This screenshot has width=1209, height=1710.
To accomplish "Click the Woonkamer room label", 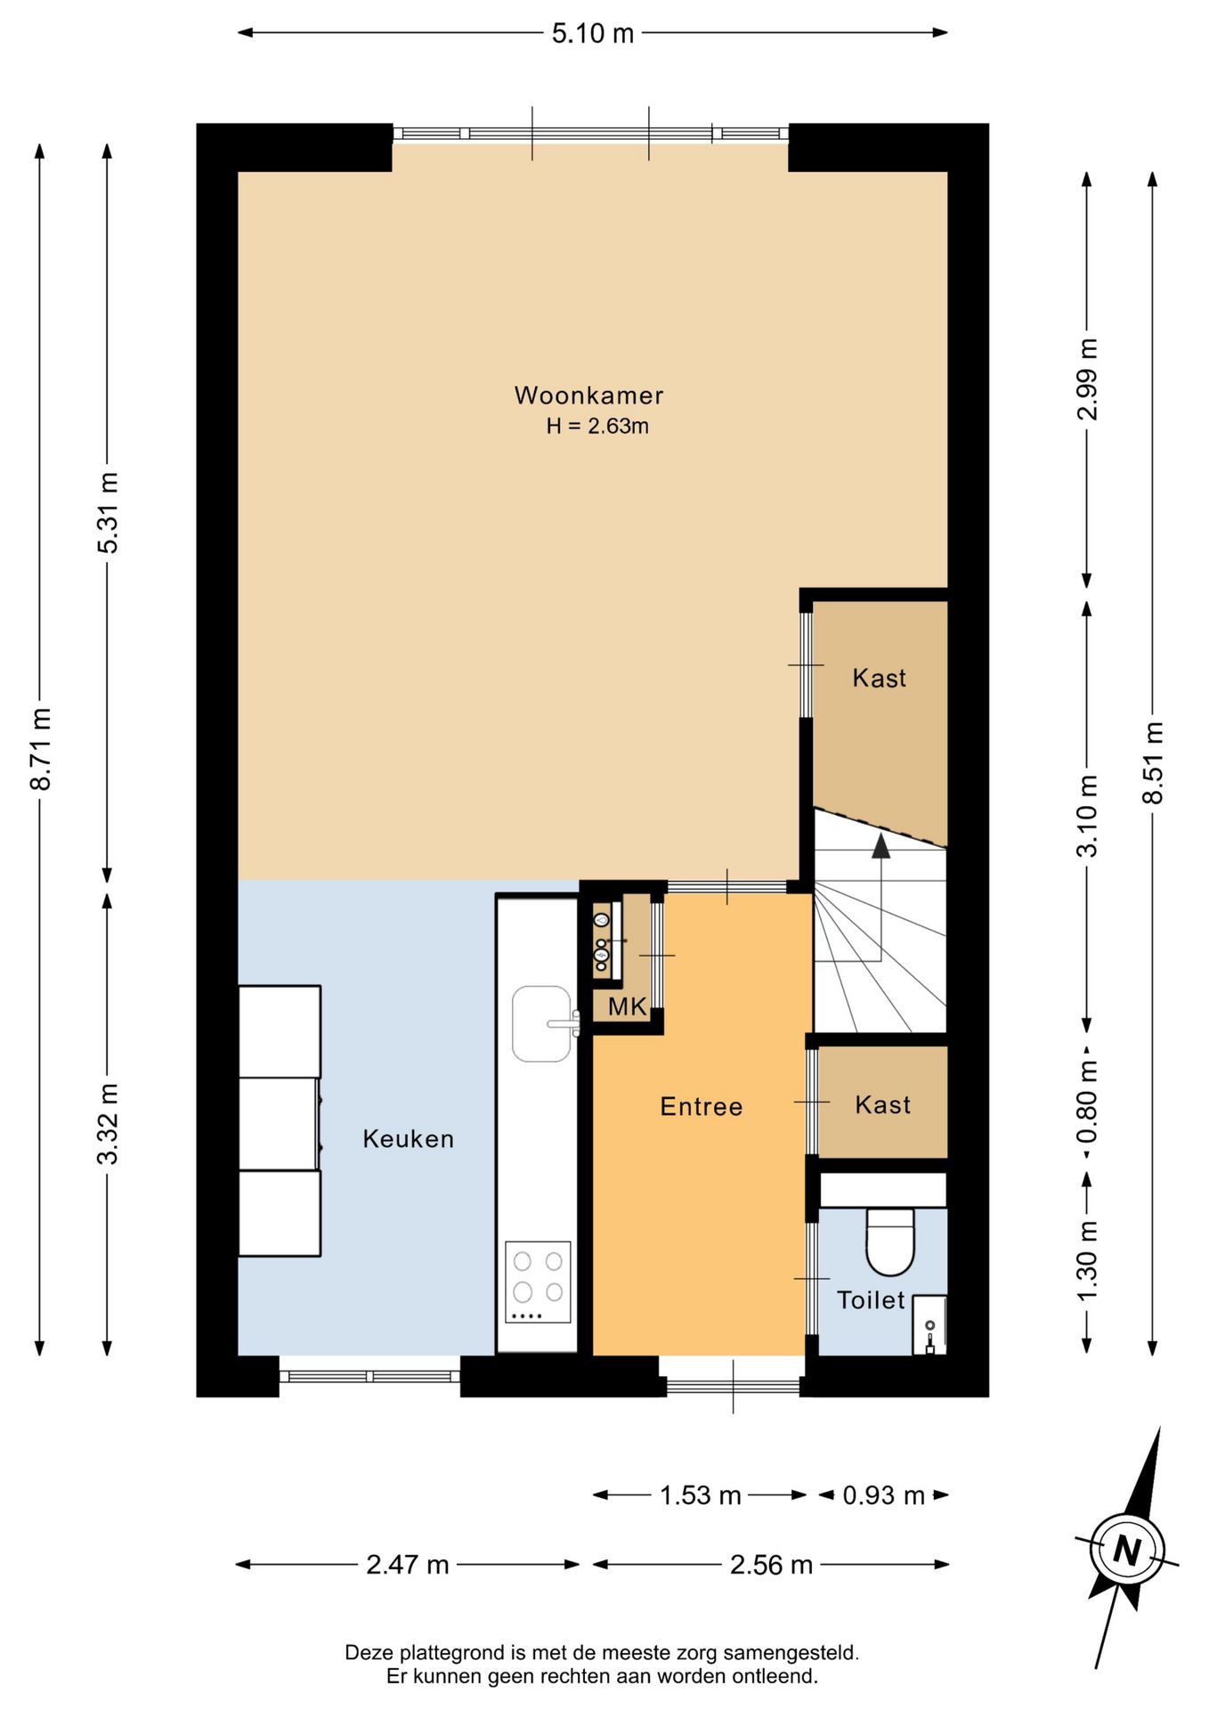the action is click(588, 395).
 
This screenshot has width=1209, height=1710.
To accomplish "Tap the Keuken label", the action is click(409, 1139).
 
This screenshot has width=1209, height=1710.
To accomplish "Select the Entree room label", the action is click(702, 1107).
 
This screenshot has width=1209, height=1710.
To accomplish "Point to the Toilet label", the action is click(871, 1300).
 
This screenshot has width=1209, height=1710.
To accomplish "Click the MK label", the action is click(627, 1007).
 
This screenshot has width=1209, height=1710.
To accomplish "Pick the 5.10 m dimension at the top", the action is click(593, 34).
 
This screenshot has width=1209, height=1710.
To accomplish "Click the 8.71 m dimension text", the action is click(41, 749).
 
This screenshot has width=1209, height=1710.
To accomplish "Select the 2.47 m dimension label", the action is click(408, 1565).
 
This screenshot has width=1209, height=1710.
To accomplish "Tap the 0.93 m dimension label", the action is click(884, 1495).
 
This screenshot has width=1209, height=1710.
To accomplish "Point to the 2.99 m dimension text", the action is click(1087, 379).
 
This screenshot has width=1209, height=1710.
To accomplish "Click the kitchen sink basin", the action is click(541, 1024).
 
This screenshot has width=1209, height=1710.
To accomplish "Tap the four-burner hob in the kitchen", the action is click(539, 1282).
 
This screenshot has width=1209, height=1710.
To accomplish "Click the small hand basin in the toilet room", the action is click(929, 1324).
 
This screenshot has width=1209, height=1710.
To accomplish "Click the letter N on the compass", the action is click(1127, 1551).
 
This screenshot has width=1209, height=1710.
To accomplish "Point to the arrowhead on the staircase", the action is click(881, 846).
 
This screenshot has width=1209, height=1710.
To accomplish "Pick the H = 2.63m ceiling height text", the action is click(597, 427).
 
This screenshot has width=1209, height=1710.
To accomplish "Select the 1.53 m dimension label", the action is click(701, 1495).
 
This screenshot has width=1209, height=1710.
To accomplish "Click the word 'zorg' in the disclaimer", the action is click(699, 1654).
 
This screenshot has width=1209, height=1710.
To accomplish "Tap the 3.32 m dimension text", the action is click(108, 1124).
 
